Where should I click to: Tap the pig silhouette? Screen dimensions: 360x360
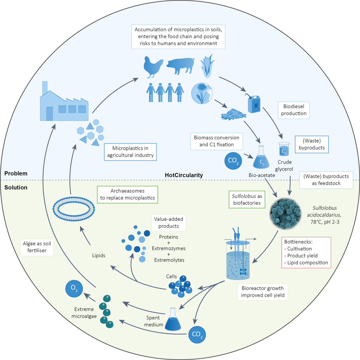coord(180,66)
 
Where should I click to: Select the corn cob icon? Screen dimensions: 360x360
coord(207,66)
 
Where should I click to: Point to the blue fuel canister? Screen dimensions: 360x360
coord(254,104)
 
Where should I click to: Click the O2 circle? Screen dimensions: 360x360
coord(74,288)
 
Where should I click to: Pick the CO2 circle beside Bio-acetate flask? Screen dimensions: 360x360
coord(233,161)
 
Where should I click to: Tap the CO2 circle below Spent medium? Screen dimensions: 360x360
coord(197,334)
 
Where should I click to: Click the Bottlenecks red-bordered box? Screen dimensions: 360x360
coord(306,252)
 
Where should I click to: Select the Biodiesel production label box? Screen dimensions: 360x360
coord(294,110)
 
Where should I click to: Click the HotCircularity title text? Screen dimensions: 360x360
coord(184,175)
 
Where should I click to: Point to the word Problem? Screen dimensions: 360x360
coord(16,174)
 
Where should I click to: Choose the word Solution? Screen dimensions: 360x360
coord(16,187)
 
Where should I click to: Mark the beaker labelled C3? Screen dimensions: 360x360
coord(284,149)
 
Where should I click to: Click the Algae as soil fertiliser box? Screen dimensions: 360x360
coord(37,247)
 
